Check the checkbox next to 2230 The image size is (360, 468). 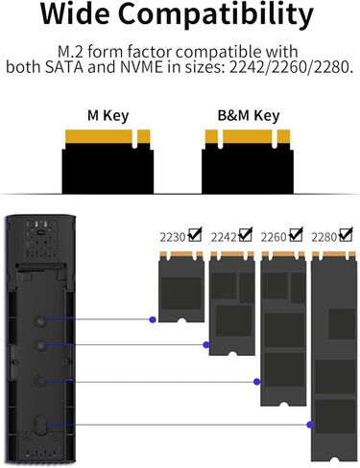click(x=196, y=233)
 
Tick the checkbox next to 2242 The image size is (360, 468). click(x=247, y=235)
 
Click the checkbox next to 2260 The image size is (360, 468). click(x=298, y=235)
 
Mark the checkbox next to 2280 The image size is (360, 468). click(x=348, y=235)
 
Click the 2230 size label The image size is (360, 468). click(x=174, y=236)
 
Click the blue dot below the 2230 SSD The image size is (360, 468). click(x=152, y=319)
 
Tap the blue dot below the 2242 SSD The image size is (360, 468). click(x=204, y=343)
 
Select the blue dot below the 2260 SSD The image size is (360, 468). click(x=255, y=381)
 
